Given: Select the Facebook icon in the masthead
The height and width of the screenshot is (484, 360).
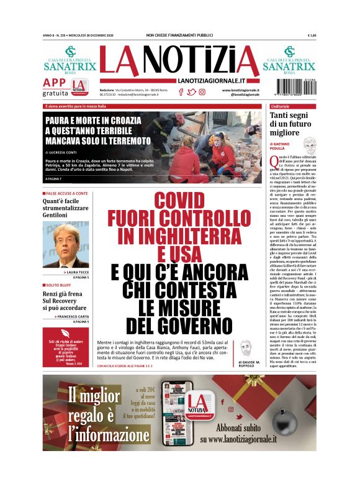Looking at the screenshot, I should tap(181, 92).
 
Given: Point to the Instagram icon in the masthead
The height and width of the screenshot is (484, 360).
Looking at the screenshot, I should tap(202, 92).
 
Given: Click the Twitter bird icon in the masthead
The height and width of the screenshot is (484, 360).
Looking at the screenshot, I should tap(191, 92).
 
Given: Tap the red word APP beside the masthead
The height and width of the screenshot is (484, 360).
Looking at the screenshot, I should tap(55, 83).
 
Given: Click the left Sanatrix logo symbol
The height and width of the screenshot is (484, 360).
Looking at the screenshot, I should tap(71, 52).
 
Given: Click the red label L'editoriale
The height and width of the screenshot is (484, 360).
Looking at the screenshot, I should tap(285, 106).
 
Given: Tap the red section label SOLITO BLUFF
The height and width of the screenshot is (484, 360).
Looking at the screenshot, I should tap(61, 285).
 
